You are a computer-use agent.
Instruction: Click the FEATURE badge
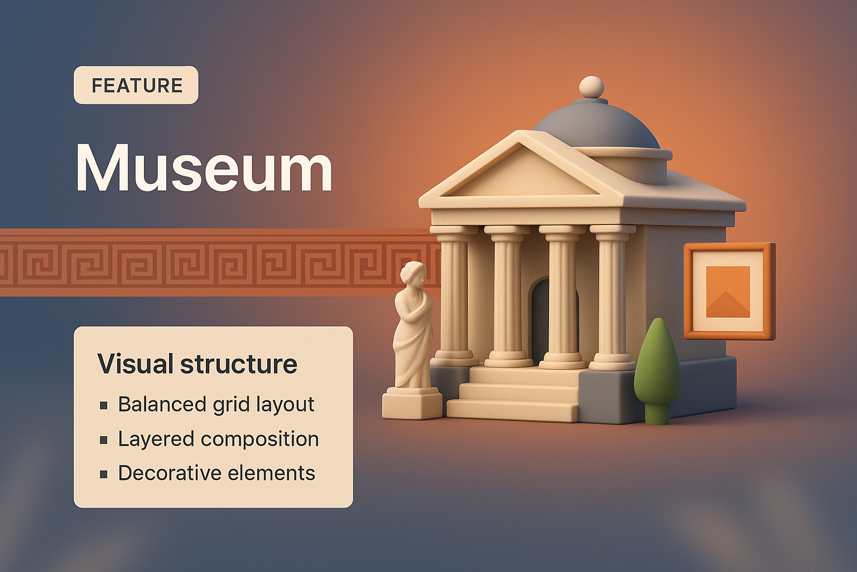(x=136, y=85)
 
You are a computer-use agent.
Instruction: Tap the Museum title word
(x=204, y=168)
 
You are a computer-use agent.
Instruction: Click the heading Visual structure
(x=197, y=364)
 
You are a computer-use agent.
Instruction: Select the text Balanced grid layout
(x=216, y=404)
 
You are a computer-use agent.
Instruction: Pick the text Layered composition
(x=218, y=438)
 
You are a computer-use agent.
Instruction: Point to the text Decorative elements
(x=216, y=473)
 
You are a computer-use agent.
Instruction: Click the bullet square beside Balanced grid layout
(x=104, y=405)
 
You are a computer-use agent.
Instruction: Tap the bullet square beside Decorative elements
(x=104, y=474)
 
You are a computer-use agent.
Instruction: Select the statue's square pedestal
(x=412, y=404)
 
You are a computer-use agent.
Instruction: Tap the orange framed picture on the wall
(x=728, y=290)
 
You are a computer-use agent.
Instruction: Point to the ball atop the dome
(x=592, y=87)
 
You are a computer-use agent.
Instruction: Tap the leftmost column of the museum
(x=454, y=296)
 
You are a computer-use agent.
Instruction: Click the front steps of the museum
(x=516, y=394)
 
